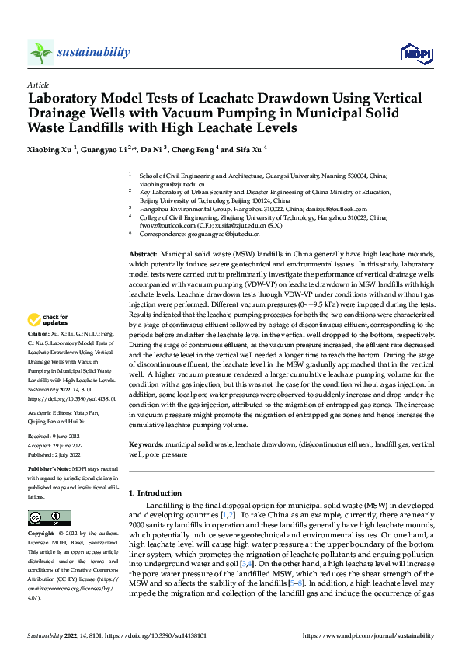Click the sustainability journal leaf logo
(x=40, y=53)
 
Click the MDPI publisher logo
(x=415, y=53)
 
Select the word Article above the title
(x=38, y=85)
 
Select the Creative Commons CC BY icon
(x=49, y=517)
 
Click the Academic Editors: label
(x=51, y=412)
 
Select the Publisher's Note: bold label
(x=50, y=471)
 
